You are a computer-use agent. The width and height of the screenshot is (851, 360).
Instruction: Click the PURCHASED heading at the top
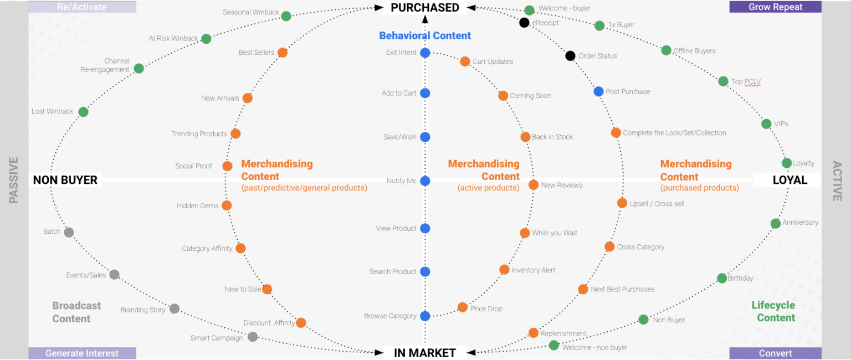[425, 8]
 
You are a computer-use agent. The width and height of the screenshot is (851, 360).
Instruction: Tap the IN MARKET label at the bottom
[425, 353]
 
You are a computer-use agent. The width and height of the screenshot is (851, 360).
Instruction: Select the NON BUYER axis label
[65, 180]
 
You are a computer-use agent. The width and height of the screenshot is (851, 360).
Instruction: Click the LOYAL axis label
[790, 180]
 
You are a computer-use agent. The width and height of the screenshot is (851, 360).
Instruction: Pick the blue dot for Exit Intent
[425, 53]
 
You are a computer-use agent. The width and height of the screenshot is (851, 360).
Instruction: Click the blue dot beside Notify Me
[425, 181]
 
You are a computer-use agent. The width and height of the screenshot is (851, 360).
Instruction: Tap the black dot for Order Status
[570, 56]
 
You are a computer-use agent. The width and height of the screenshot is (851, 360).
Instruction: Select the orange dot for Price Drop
[463, 307]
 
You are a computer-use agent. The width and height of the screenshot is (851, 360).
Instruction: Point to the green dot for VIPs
[766, 124]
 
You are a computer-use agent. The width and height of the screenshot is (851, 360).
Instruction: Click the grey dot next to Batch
[69, 232]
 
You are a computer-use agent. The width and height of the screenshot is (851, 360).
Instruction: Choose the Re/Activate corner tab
[82, 7]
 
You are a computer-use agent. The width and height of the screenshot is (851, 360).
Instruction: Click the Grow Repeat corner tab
[775, 7]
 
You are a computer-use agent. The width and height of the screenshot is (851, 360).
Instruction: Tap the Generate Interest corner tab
[82, 353]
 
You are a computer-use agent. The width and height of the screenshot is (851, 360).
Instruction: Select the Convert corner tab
[775, 353]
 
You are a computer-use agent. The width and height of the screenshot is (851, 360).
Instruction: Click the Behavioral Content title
[425, 35]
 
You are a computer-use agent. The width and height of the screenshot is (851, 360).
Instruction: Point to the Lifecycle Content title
[773, 311]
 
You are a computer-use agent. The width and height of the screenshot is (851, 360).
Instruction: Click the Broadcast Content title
[76, 312]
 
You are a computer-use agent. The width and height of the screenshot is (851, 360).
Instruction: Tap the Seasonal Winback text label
[251, 12]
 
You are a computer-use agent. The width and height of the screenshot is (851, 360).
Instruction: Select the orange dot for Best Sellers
[283, 53]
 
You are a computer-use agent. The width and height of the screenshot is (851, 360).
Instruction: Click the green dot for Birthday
[722, 278]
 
